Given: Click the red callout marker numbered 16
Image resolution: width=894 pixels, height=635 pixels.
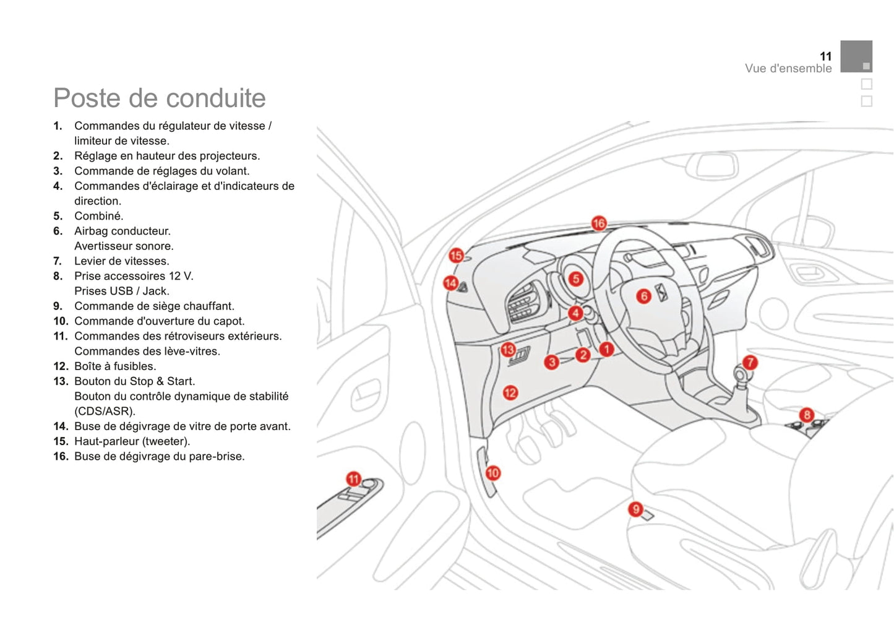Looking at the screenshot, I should coord(598,223).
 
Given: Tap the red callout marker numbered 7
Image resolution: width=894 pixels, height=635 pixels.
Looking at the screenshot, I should coord(750,362).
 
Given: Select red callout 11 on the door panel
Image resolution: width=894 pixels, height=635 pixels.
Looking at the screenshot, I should coord(353,478).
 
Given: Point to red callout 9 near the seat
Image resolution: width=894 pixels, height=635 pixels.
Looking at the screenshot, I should coord(635,509).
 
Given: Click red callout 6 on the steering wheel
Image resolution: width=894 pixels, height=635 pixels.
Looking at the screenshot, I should coord(643,296).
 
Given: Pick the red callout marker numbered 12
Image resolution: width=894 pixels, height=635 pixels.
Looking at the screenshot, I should coord(510,392).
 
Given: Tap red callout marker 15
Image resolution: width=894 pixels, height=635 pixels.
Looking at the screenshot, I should coord(456,255).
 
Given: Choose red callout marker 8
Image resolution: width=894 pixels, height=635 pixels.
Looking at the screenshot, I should coord(806,415).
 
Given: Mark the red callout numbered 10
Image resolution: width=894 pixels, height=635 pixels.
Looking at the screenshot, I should coord(492,473).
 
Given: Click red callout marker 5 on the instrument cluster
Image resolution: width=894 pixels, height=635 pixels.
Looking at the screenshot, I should coord(576,279).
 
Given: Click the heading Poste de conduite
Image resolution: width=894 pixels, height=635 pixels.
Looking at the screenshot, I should coord(160,98).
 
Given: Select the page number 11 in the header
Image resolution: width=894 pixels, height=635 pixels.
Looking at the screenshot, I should coord(825,56).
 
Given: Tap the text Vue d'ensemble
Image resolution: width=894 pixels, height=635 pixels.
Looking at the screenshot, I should coord(788,69).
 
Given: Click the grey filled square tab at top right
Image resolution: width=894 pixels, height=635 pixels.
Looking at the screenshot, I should coord(856,56).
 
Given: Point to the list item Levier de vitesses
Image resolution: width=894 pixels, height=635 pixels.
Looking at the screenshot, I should coord(121,261).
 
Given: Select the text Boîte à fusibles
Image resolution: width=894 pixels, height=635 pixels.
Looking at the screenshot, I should coord(115,366).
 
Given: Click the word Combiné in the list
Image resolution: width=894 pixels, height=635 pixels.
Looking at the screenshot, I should coord(98,216).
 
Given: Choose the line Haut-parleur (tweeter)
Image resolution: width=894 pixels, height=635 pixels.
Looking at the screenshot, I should coord(132,441).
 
